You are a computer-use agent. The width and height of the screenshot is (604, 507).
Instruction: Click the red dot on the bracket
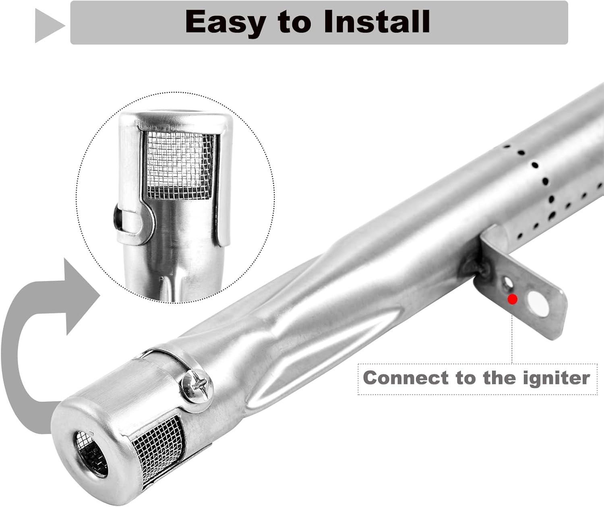(x=513, y=299)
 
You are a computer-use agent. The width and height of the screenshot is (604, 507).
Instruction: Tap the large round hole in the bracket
(x=538, y=304)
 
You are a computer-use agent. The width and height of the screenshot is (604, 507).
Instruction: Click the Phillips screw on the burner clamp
(x=197, y=387)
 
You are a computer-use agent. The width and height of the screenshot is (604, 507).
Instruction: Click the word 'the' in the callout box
(x=500, y=378)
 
